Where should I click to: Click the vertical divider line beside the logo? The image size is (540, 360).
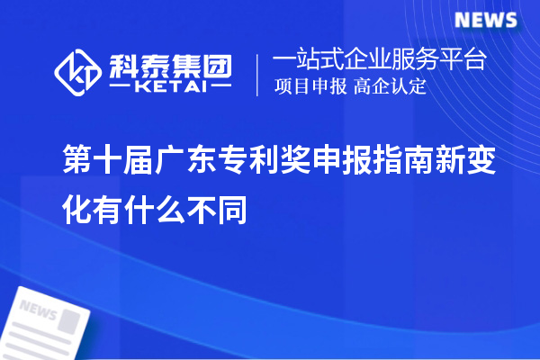pos(258,73)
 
